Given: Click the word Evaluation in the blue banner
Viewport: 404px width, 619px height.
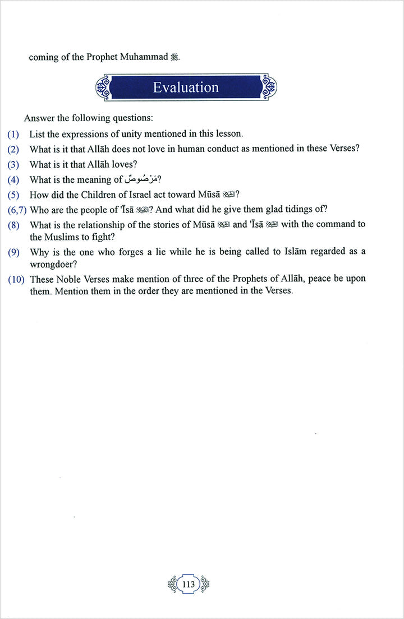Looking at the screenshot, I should pyautogui.click(x=186, y=87).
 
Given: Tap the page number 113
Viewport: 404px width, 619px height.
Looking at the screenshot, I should pyautogui.click(x=189, y=584).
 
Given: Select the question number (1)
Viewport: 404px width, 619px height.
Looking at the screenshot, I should pyautogui.click(x=13, y=134).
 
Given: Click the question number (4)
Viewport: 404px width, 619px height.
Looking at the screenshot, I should pyautogui.click(x=13, y=180).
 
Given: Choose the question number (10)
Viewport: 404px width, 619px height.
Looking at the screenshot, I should pyautogui.click(x=16, y=279).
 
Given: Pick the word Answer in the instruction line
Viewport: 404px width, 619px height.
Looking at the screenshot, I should pyautogui.click(x=38, y=118).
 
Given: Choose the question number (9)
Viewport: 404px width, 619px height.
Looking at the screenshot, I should pyautogui.click(x=13, y=252).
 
